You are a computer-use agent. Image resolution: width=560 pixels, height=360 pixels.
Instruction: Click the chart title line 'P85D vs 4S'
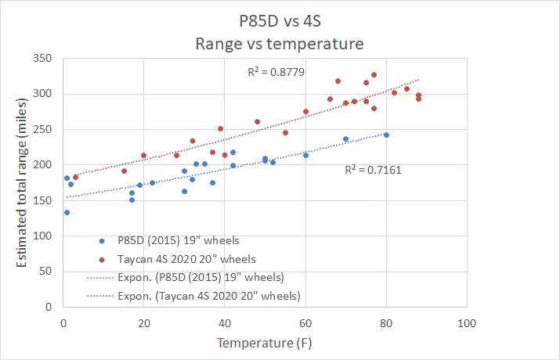pyautogui.click(x=280, y=20)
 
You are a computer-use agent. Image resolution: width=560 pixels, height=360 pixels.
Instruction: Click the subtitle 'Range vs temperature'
pyautogui.click(x=280, y=44)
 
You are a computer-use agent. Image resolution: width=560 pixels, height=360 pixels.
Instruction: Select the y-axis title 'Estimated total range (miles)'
pyautogui.click(x=21, y=182)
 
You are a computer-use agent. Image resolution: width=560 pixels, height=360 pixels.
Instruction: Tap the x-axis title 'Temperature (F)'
pyautogui.click(x=264, y=343)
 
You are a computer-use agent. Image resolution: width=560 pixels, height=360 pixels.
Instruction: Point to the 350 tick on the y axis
pyautogui.click(x=42, y=58)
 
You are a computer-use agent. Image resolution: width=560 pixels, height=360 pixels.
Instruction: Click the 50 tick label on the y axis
pyautogui.click(x=45, y=271)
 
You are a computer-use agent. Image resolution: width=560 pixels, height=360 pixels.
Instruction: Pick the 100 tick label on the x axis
pyautogui.click(x=467, y=323)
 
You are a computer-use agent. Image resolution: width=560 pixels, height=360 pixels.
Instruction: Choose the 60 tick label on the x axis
pyautogui.click(x=305, y=323)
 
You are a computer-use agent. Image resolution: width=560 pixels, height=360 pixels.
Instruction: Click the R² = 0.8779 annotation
pyautogui.click(x=276, y=72)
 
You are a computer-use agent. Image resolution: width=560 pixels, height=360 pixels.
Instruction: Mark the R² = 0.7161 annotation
pyautogui.click(x=373, y=170)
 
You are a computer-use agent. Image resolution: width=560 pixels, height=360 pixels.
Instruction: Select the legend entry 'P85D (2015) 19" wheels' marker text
pyautogui.click(x=179, y=240)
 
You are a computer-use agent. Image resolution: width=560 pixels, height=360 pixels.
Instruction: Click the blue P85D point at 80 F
pyautogui.click(x=386, y=135)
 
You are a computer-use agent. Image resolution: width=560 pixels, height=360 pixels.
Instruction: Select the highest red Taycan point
pyautogui.click(x=374, y=75)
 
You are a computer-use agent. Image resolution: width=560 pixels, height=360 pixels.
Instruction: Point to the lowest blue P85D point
pyautogui.click(x=67, y=212)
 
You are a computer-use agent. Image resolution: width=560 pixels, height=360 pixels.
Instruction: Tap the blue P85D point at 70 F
pyautogui.click(x=345, y=139)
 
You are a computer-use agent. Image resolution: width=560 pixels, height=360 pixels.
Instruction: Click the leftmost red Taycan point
pyautogui.click(x=75, y=178)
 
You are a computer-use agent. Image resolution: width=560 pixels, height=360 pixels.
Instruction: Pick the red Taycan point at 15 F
pyautogui.click(x=124, y=171)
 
